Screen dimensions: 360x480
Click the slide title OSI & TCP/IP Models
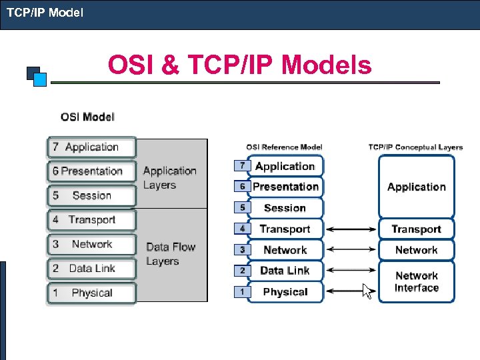click(239, 65)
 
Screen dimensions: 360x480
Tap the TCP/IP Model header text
click(45, 11)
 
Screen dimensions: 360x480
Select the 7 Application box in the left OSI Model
click(91, 147)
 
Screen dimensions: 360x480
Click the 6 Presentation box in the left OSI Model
click(91, 171)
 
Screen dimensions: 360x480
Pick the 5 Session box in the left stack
click(91, 195)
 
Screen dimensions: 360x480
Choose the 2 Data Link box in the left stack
click(91, 269)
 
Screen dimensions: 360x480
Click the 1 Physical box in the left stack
click(91, 293)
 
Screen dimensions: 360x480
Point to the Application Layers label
click(169, 178)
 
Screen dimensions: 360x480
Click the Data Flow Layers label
click(171, 254)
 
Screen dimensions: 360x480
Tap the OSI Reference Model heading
click(284, 147)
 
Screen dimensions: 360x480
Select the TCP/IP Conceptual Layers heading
click(415, 147)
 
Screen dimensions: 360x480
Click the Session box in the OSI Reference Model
click(285, 208)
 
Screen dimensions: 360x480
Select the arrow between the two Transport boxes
click(351, 229)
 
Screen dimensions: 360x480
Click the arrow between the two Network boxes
click(351, 250)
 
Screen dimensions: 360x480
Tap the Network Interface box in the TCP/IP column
click(416, 281)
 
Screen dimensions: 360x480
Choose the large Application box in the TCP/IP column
click(416, 187)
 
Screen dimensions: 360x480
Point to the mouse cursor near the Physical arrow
click(367, 291)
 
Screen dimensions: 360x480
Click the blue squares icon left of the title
click(37, 76)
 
